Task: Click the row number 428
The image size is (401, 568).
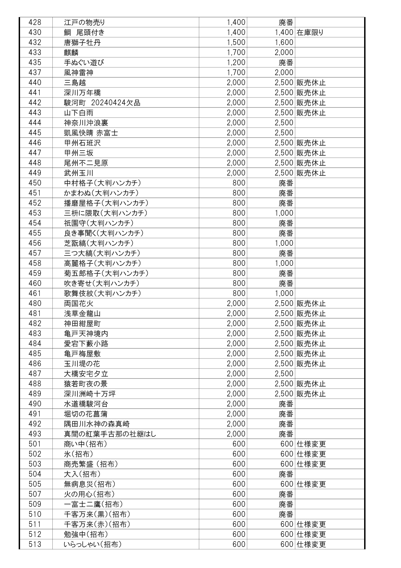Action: [x=35, y=22]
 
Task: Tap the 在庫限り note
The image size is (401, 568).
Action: [x=310, y=32]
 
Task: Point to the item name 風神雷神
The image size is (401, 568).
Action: [x=79, y=73]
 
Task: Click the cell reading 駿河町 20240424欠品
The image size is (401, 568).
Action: [x=102, y=103]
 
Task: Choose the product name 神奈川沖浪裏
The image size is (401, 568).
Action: [x=86, y=123]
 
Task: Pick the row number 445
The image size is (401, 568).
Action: [x=35, y=133]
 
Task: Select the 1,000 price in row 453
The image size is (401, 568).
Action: [x=284, y=213]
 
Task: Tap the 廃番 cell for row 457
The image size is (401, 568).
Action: [x=286, y=253]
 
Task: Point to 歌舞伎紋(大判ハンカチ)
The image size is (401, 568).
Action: [x=103, y=293]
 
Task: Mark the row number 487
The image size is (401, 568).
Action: [x=35, y=374]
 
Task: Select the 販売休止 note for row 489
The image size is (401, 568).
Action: [x=311, y=394]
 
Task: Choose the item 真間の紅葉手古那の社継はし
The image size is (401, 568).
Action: [x=110, y=434]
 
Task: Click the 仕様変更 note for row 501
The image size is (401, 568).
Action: [x=311, y=444]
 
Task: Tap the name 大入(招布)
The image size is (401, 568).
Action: [x=82, y=474]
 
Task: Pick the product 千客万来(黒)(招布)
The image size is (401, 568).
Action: [x=97, y=514]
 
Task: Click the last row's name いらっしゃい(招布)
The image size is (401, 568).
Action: [x=93, y=544]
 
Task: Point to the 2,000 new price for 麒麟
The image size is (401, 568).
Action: [x=284, y=52]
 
